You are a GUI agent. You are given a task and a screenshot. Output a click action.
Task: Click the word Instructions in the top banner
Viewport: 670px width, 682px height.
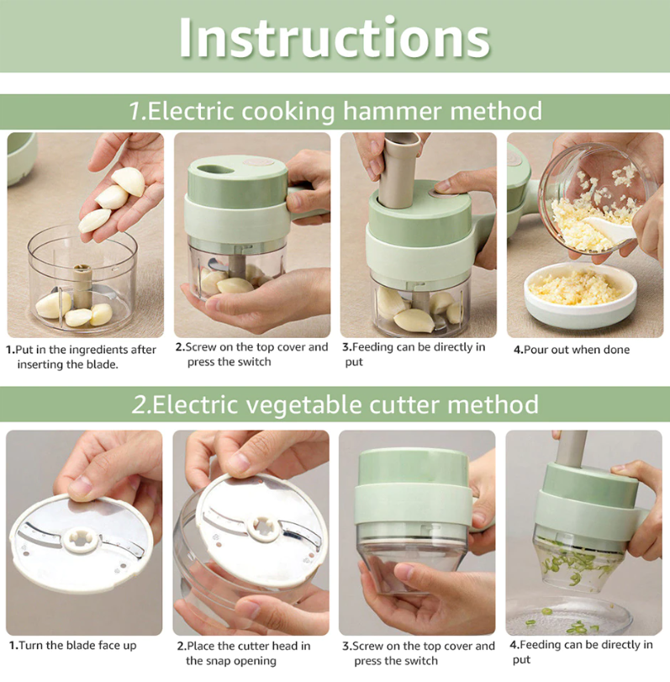coord(335,37)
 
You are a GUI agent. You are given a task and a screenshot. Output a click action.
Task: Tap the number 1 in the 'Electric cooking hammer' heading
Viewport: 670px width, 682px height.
coord(135,110)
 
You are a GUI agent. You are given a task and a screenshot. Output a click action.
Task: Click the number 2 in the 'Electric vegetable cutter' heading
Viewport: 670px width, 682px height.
coord(139,404)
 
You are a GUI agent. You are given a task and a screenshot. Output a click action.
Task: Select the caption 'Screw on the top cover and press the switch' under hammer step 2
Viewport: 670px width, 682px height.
coord(251,354)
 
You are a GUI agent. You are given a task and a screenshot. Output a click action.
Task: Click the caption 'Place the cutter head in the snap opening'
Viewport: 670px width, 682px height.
coord(247,653)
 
